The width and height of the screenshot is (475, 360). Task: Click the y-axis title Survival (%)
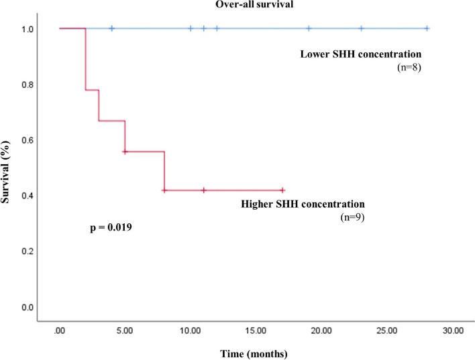pos(7,168)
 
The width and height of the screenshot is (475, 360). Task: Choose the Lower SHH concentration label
pos(360,53)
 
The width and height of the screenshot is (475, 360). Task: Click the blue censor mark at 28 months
pos(427,28)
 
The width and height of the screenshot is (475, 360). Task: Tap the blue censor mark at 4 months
pos(112,28)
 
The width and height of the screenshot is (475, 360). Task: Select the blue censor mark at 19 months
pos(309,28)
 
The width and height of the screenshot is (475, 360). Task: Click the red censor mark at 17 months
pos(282,190)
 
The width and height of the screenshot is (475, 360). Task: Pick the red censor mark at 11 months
pos(204,190)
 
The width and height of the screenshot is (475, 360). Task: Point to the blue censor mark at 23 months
pos(361,28)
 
